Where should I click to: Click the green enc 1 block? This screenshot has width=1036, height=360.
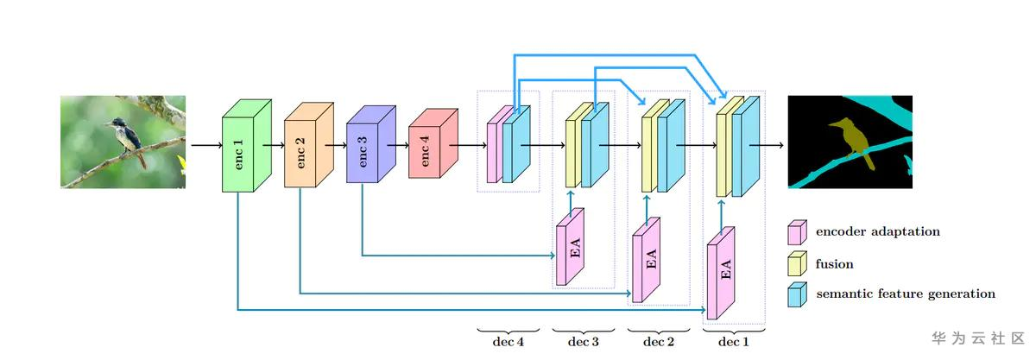[x=247, y=145]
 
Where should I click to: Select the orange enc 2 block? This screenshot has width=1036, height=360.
[x=308, y=145]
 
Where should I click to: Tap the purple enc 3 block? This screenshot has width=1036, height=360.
[x=371, y=144]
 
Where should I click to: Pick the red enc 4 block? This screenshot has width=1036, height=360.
[x=433, y=143]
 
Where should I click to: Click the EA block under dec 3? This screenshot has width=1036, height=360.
[x=570, y=247]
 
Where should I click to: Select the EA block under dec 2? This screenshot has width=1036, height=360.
[x=646, y=260]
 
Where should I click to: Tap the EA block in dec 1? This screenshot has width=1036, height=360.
[x=721, y=273]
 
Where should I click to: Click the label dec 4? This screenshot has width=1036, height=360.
[x=508, y=342]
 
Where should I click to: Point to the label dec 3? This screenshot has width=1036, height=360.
[x=583, y=342]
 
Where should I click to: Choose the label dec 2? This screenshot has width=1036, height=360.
[x=658, y=342]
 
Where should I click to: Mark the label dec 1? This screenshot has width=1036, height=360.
[x=733, y=342]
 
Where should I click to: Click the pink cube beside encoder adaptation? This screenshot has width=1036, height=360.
[x=798, y=232]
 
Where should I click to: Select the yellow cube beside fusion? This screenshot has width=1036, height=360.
[x=798, y=263]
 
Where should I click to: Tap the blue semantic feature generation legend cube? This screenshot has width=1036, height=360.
[x=798, y=294]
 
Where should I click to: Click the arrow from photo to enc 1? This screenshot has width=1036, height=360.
[x=206, y=145]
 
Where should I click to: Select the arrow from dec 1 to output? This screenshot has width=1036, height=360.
[x=767, y=145]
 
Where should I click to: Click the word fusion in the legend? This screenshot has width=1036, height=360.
[x=834, y=264]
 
